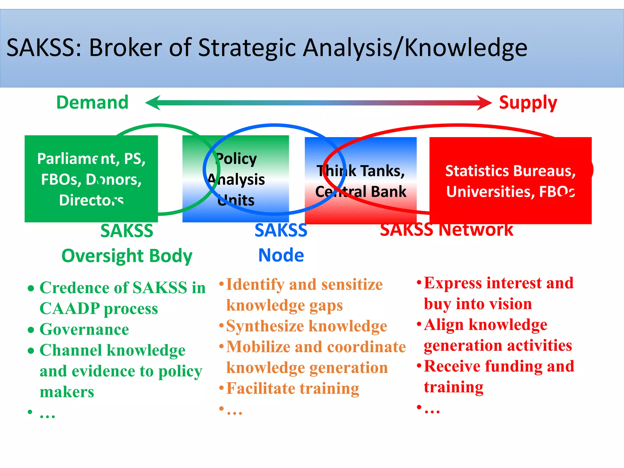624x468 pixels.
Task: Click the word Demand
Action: [92, 102]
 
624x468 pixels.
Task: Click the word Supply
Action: [528, 103]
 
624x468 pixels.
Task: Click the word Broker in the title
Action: [125, 48]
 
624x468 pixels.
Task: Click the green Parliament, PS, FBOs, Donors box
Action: [91, 179]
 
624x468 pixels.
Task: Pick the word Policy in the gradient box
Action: [236, 159]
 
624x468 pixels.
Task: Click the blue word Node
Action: [281, 255]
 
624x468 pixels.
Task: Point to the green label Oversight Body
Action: [127, 256]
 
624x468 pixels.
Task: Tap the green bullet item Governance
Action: [84, 329]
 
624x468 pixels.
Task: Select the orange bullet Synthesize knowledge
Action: [307, 326]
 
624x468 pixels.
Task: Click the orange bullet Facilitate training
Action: [292, 388]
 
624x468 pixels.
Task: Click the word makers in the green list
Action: [67, 392]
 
